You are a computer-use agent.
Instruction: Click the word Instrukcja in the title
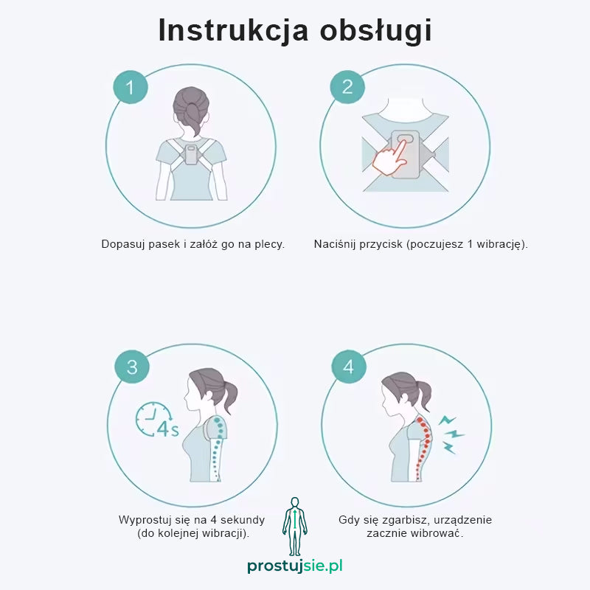pos(233,30)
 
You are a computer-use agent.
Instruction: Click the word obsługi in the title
pos(375,30)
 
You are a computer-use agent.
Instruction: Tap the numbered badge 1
pos(131,87)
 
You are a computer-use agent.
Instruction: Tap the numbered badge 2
pos(347,87)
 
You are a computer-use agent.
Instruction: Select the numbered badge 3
pos(132,367)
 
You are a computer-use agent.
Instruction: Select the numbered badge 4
pos(348,367)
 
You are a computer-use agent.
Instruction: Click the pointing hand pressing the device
pos(390,159)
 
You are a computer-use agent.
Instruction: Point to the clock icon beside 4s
pos(153,419)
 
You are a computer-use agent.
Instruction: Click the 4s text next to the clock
pos(168,429)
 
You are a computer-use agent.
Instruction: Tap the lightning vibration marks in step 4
pos(451,434)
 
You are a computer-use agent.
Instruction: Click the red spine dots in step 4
pos(423,448)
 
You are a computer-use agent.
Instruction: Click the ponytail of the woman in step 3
pos(229,396)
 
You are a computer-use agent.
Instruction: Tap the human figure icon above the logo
pos(295,527)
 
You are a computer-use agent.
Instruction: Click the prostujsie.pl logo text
pos(295,566)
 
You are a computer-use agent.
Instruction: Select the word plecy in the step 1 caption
pos(269,244)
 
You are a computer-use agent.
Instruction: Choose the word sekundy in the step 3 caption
pos(243,520)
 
